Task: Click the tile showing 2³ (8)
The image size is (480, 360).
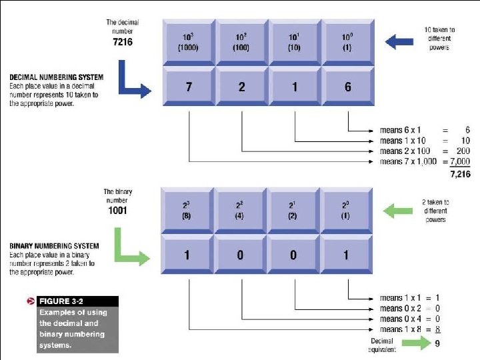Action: coord(188,210)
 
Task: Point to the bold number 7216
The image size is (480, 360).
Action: coord(123,41)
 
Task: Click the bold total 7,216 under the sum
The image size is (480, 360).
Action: coord(459,174)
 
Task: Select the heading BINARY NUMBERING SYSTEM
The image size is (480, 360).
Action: coord(54,246)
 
